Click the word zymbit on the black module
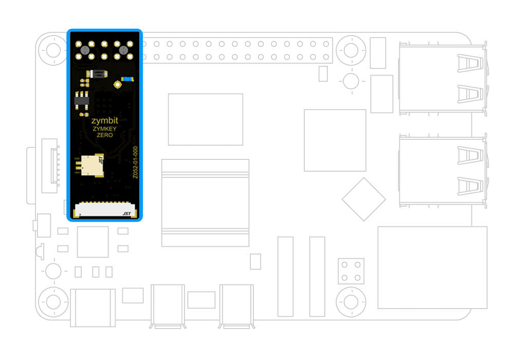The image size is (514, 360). point(104,121)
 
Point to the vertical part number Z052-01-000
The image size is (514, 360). point(135,162)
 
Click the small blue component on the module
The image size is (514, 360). point(126,79)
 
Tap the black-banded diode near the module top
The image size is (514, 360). point(97,75)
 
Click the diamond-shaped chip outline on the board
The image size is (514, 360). point(363,199)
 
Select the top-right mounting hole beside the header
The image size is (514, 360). point(351,50)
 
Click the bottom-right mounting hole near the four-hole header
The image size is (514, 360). point(351,300)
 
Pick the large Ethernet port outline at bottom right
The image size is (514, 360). point(432,267)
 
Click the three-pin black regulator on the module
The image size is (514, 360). point(81,101)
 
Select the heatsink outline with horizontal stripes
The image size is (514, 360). point(205,203)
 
